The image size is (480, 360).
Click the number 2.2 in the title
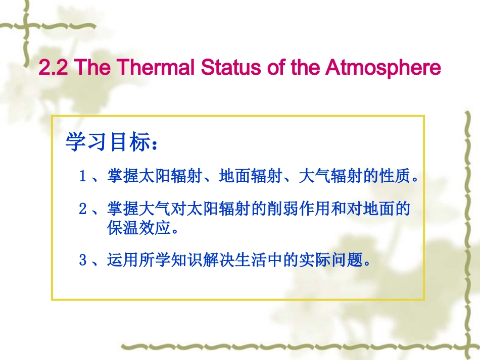click(x=52, y=68)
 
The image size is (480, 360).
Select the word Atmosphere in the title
click(x=383, y=68)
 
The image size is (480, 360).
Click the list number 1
click(x=83, y=177)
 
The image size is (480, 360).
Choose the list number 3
click(x=83, y=261)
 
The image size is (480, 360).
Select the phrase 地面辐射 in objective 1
click(x=252, y=177)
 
